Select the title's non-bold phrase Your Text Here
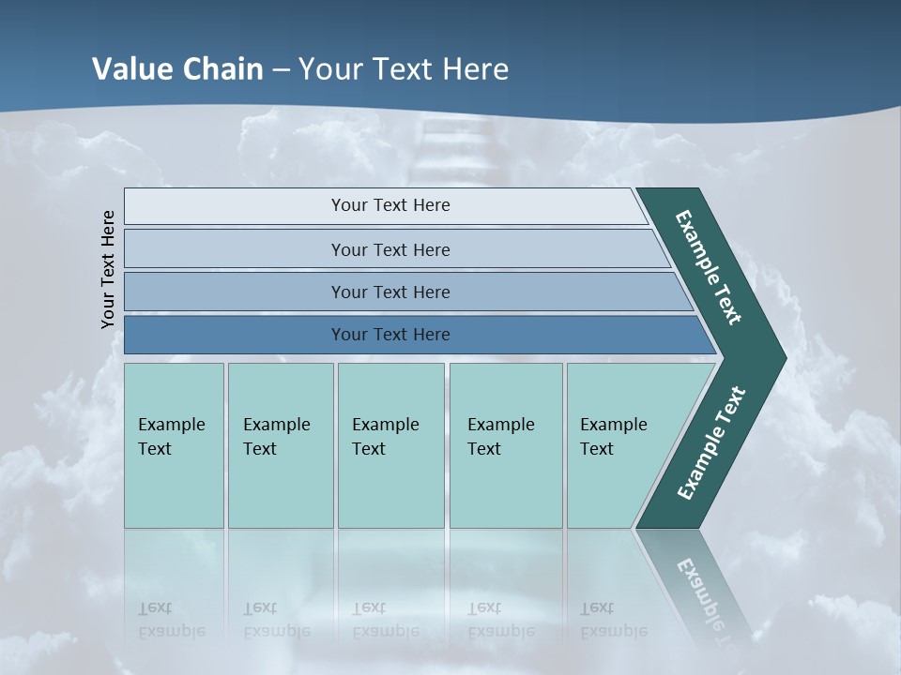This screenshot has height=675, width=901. pos(404,69)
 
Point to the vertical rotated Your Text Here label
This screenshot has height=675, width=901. pos(108,269)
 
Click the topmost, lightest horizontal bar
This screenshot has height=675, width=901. pos(389,205)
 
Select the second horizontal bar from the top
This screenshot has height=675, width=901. pos(389,249)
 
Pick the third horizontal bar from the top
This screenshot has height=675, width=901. pos(389,292)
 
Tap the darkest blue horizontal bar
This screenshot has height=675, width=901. pos(389,335)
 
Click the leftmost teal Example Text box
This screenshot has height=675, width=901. pos(174,441)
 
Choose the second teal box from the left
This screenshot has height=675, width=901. pos(280,441)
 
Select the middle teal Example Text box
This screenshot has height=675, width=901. pos(390,441)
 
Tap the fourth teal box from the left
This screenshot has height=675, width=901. pos(505,441)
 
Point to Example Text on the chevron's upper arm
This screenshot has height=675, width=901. pos(709,267)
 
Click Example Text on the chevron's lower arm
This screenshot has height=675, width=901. pos(710,442)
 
